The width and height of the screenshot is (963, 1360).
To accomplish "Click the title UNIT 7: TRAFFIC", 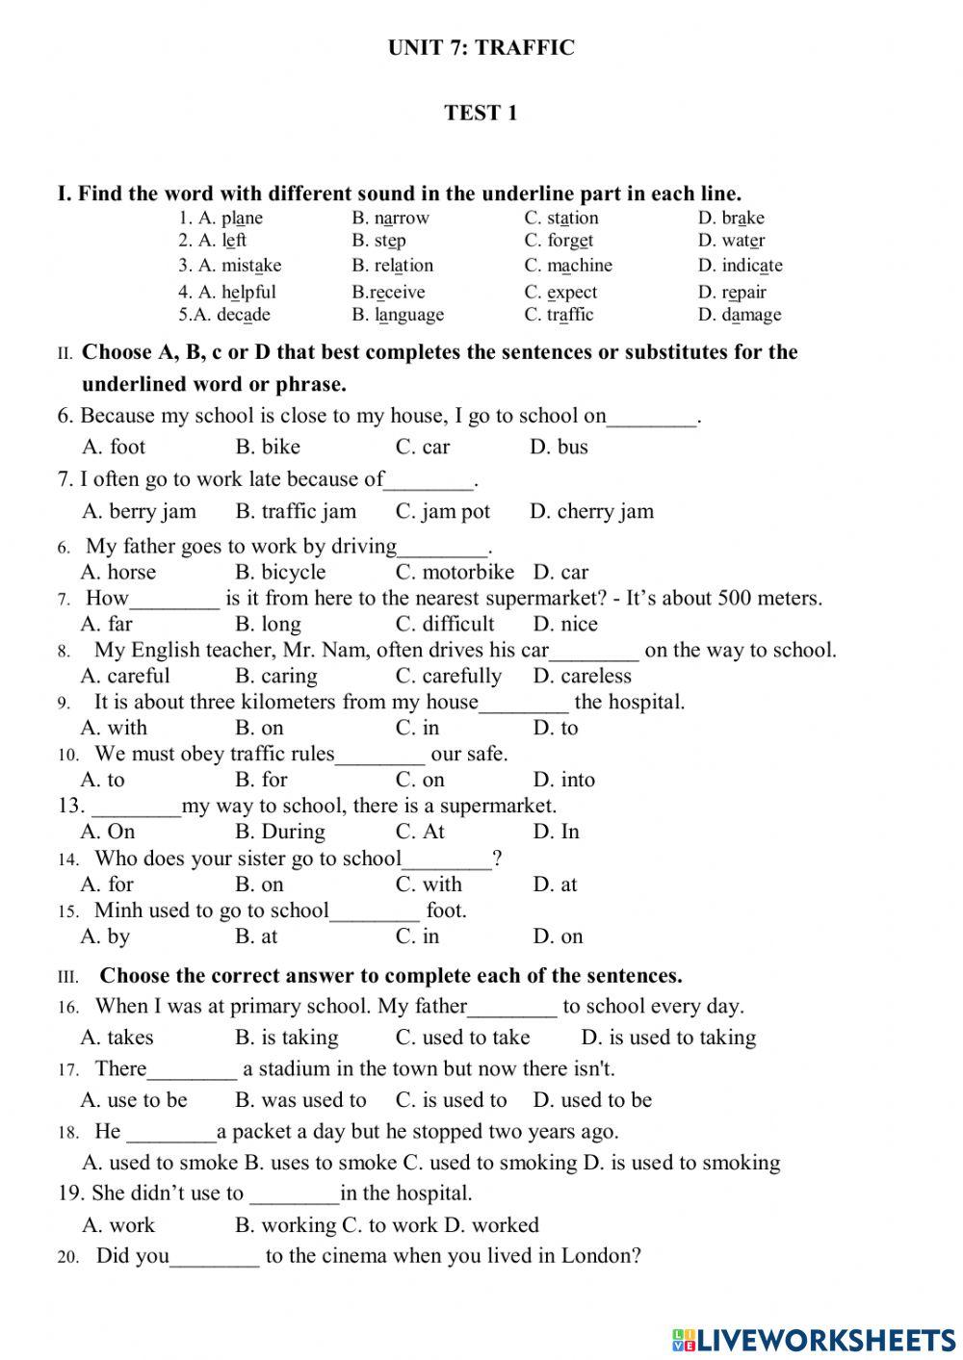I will pyautogui.click(x=481, y=48).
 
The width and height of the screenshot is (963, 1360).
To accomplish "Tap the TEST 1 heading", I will pyautogui.click(x=481, y=113).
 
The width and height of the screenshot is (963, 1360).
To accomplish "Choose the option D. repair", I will pyautogui.click(x=732, y=292).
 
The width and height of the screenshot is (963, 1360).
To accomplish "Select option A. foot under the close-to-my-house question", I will pyautogui.click(x=114, y=447).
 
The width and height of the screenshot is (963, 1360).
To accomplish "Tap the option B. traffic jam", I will pyautogui.click(x=296, y=511).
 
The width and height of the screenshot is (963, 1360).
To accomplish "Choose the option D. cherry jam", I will pyautogui.click(x=591, y=511).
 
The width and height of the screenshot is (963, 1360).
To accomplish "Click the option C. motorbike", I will pyautogui.click(x=455, y=572).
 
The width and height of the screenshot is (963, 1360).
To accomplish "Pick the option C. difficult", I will pyautogui.click(x=445, y=624).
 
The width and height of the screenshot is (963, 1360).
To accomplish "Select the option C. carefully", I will pyautogui.click(x=449, y=676).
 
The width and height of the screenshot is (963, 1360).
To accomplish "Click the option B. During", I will pyautogui.click(x=280, y=832).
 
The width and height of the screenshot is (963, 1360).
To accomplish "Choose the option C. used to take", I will pyautogui.click(x=462, y=1038).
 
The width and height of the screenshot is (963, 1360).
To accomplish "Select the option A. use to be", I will pyautogui.click(x=134, y=1100).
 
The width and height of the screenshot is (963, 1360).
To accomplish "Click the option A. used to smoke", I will pyautogui.click(x=160, y=1163).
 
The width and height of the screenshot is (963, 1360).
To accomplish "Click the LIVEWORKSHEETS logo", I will pyautogui.click(x=814, y=1339).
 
